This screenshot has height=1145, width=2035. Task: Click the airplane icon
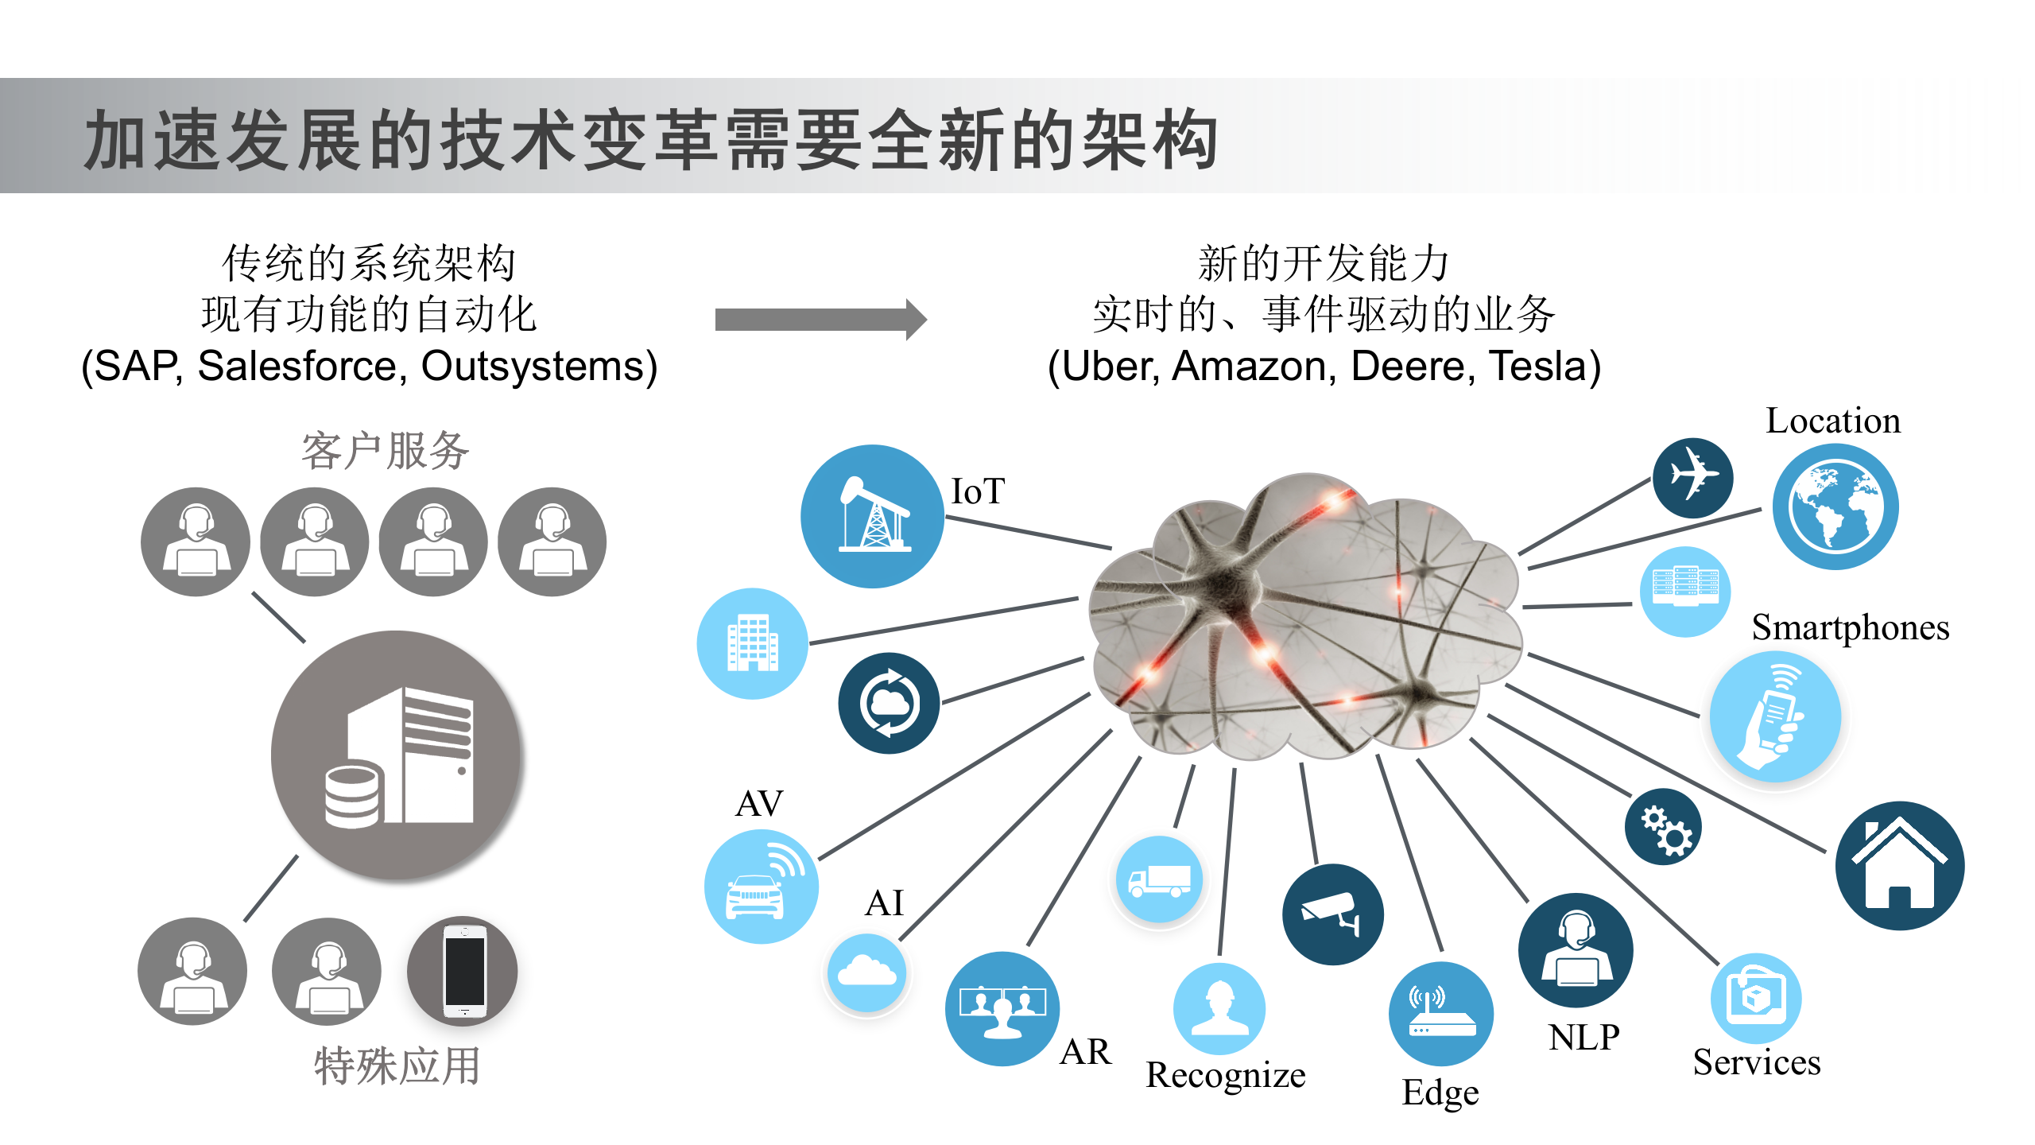1692,477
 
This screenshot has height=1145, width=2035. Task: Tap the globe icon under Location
1835,507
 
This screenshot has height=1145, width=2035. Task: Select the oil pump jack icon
873,516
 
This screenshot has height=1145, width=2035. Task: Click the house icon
1899,865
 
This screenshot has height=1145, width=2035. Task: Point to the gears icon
1664,827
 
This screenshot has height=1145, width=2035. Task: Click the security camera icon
1332,914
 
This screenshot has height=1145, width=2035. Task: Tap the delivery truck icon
1159,879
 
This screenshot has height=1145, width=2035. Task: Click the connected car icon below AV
761,887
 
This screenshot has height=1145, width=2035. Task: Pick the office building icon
753,643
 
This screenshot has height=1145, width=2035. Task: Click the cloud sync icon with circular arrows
889,703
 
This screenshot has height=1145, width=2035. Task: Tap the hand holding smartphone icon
1775,716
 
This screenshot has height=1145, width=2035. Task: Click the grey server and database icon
396,755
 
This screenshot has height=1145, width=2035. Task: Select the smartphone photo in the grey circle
463,971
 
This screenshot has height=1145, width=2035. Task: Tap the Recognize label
1225,1075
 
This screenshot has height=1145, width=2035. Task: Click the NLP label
1583,1037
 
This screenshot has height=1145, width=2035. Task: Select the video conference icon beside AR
1002,1008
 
